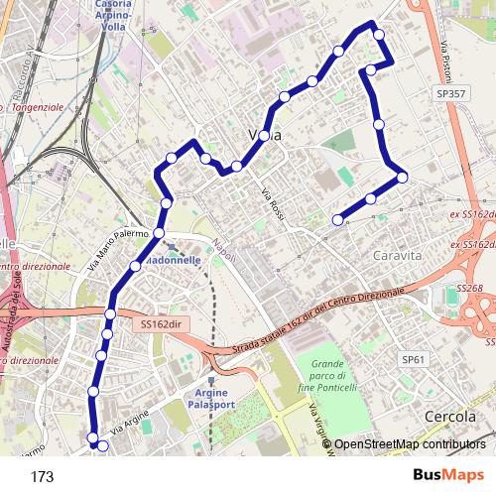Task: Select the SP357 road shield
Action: [449, 93]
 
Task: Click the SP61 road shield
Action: [413, 358]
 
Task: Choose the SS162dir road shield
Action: [164, 324]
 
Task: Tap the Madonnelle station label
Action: [174, 259]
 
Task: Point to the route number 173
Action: [42, 477]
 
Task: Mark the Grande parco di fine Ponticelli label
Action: [326, 377]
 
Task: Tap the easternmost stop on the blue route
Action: [402, 177]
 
